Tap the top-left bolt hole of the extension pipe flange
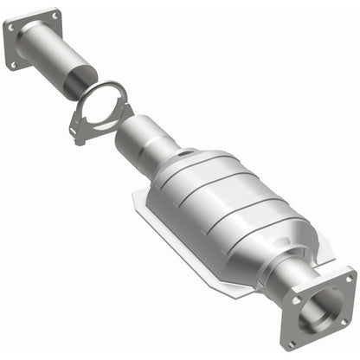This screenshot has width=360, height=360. [x=12, y=29]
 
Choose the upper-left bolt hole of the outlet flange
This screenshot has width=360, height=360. [x=297, y=300]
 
